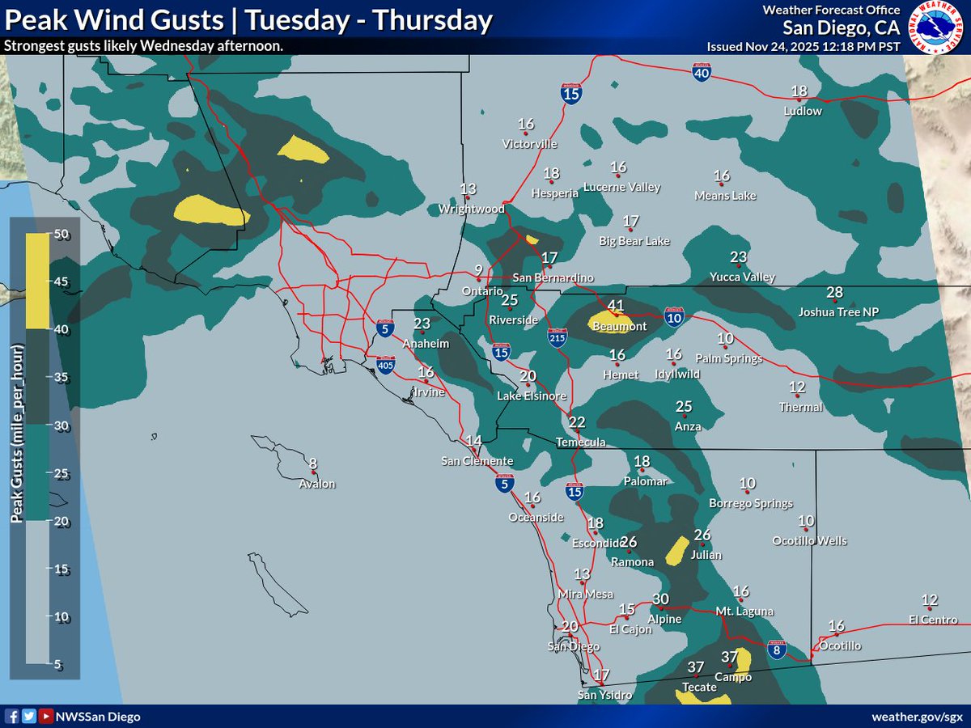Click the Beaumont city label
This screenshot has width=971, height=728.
(x=621, y=326)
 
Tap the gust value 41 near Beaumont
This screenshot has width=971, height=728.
(x=616, y=306)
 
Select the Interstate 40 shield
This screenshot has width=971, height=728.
(x=702, y=73)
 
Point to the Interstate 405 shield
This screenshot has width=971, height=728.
(x=385, y=365)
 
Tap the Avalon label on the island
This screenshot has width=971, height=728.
(x=316, y=484)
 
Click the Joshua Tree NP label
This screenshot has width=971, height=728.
(x=837, y=311)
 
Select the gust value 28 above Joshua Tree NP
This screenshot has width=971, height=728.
(x=835, y=292)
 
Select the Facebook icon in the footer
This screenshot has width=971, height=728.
(x=11, y=716)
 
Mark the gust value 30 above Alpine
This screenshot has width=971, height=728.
(x=661, y=599)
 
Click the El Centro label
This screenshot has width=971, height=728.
(x=932, y=620)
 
